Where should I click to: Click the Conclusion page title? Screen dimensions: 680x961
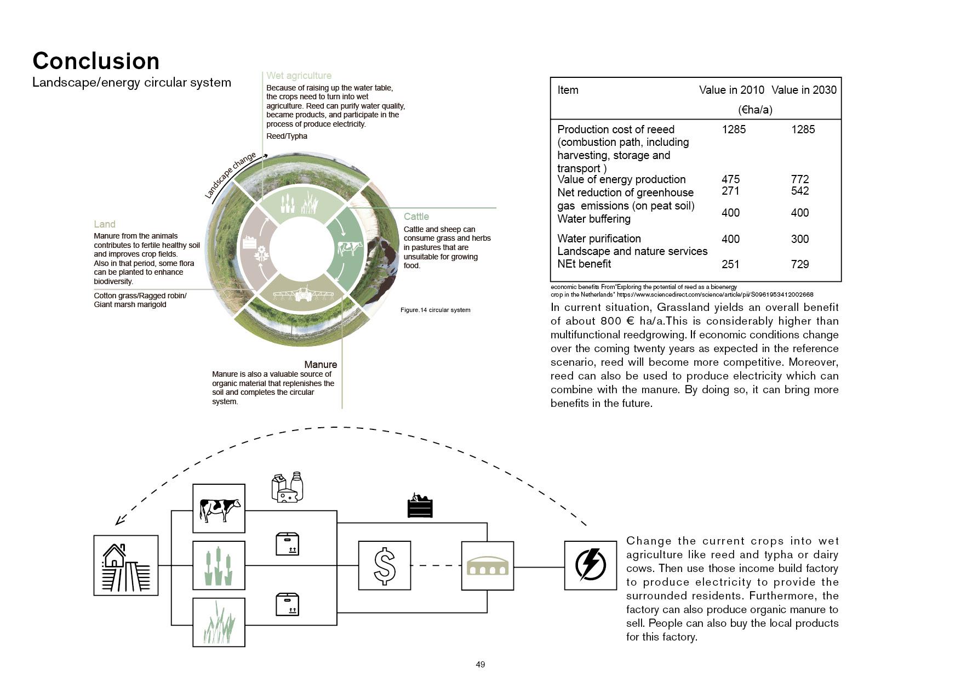point(96,61)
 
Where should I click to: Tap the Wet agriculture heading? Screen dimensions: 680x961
point(299,76)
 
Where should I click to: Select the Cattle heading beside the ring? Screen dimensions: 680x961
point(416,217)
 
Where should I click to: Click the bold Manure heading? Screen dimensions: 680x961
point(321,365)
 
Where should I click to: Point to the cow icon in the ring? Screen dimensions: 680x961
point(350,248)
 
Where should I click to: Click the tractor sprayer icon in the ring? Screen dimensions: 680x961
point(303,294)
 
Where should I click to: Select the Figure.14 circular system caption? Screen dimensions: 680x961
point(435,310)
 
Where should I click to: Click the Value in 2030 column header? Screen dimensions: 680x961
point(803,90)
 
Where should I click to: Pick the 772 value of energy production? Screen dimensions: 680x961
point(799,179)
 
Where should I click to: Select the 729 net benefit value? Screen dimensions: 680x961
point(799,264)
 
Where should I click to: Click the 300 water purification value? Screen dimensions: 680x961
point(799,239)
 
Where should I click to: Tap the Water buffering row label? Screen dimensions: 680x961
point(593,219)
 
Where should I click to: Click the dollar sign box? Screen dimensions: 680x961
point(384,565)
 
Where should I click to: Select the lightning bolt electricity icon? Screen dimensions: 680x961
point(590,565)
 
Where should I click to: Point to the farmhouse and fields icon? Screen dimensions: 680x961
point(125,565)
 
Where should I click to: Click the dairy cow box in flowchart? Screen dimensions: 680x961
point(219,508)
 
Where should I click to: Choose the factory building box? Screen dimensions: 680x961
point(487,565)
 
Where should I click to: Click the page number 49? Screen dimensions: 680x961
point(480,665)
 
